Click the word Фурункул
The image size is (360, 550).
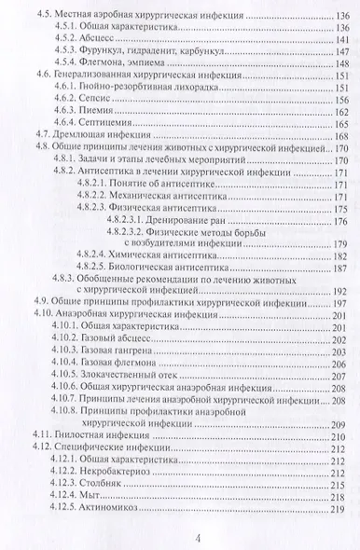pos(117,54)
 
